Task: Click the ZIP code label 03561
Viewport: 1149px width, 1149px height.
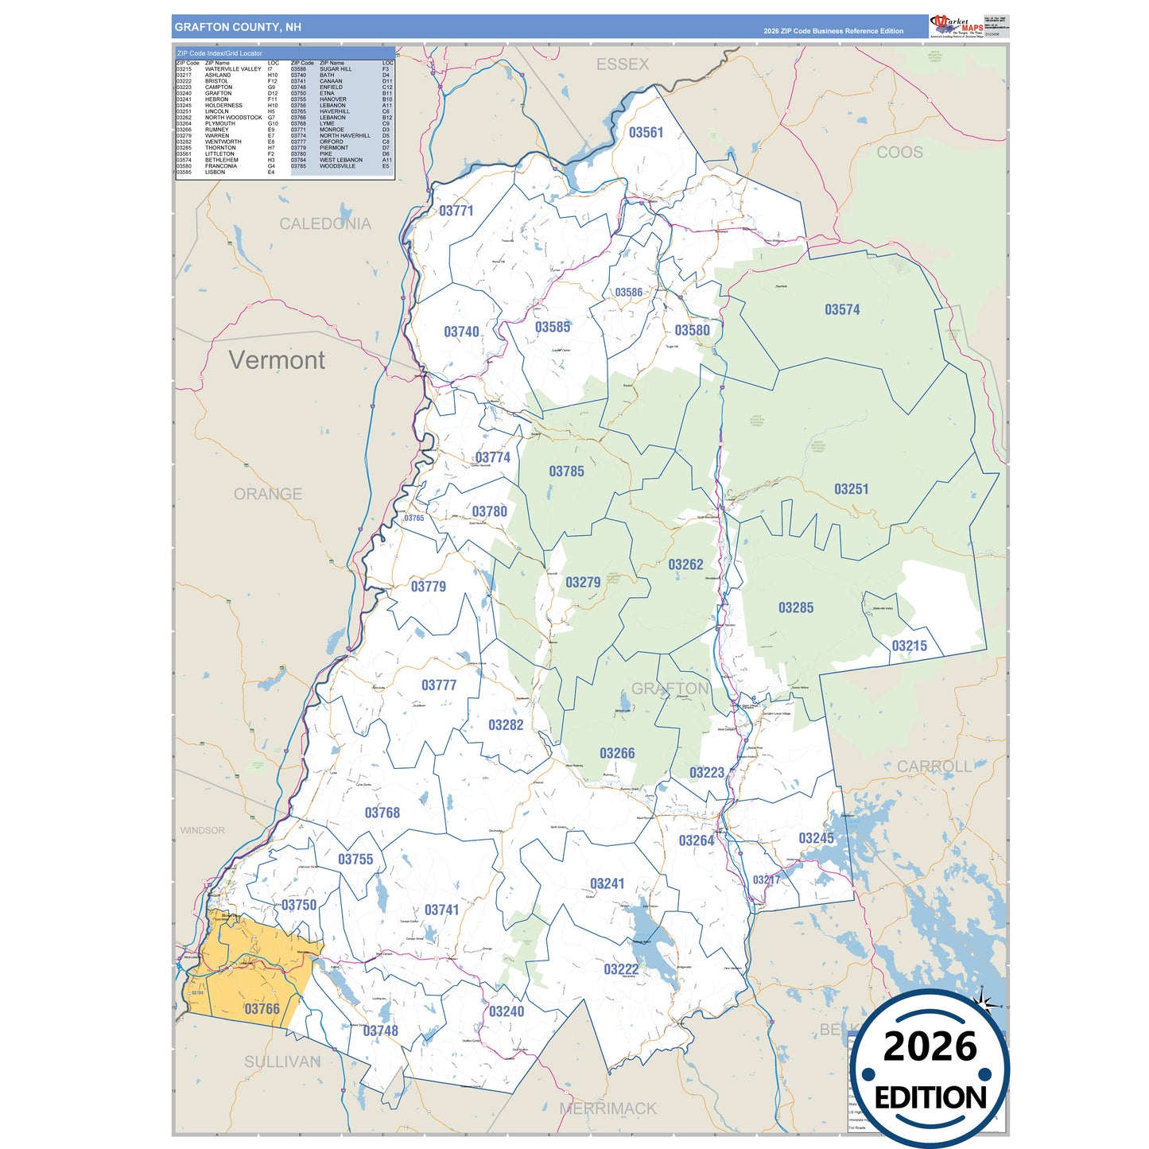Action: [x=646, y=133]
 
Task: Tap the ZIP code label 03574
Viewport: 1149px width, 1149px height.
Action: [x=842, y=310]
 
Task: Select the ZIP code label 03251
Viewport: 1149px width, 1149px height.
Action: [x=851, y=489]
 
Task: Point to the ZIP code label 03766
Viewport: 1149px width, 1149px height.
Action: [x=262, y=1009]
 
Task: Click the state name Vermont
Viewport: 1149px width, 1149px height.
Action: [x=277, y=360]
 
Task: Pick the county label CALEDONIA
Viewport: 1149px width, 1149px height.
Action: [x=324, y=224]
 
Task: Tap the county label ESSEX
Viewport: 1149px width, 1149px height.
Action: [x=623, y=64]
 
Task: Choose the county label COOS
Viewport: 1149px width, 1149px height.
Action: [x=899, y=153]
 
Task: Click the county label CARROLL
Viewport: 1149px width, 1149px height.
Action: [x=934, y=767]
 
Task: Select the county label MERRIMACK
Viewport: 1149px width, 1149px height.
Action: [x=608, y=1108]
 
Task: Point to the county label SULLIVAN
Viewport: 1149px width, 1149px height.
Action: [x=281, y=1062]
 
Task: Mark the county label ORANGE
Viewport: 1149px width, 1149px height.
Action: [x=268, y=494]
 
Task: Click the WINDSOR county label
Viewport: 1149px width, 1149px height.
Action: [x=202, y=830]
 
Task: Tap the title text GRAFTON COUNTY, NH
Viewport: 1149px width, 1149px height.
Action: [x=238, y=27]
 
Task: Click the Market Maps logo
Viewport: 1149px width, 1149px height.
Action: [x=957, y=25]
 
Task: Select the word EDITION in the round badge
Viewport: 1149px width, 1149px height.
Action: [x=930, y=1098]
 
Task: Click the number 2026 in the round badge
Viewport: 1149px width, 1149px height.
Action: [x=930, y=1046]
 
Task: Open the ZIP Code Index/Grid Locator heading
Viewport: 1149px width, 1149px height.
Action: [x=219, y=53]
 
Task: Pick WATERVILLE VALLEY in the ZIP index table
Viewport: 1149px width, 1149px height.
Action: [x=233, y=69]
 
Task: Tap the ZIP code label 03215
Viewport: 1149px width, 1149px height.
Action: [x=909, y=646]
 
